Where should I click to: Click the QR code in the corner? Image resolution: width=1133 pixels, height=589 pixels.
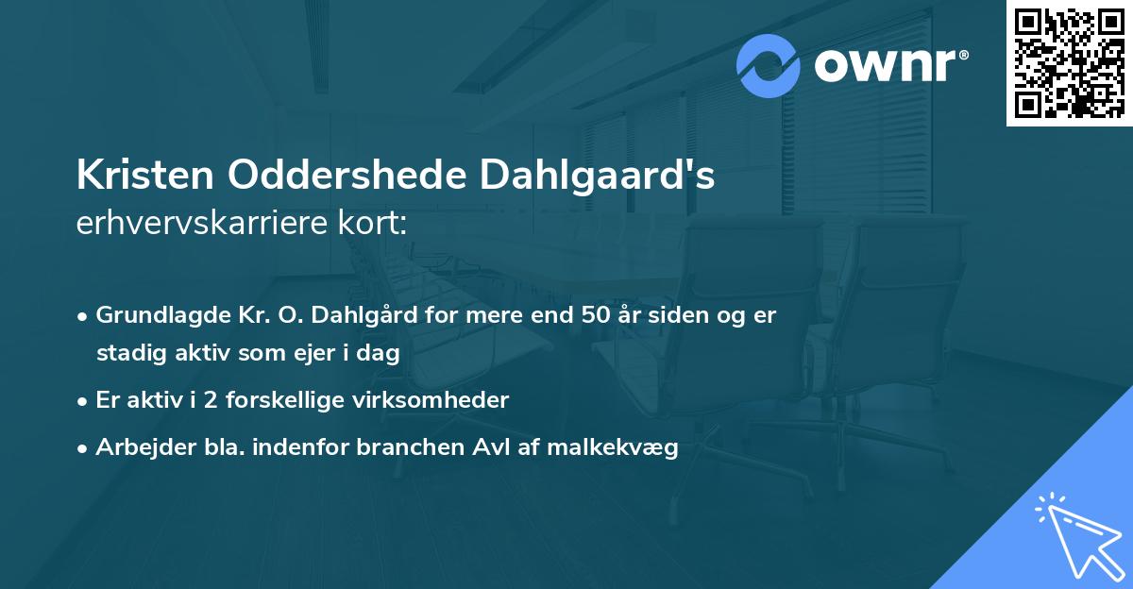(x=1069, y=63)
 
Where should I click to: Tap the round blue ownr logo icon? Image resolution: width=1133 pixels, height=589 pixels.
(x=769, y=65)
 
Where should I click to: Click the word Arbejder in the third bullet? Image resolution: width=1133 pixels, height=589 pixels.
(x=137, y=447)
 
